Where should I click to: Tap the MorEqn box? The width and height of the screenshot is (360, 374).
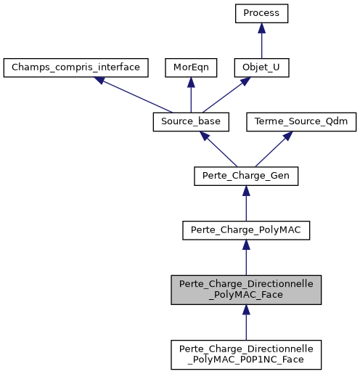click(x=189, y=68)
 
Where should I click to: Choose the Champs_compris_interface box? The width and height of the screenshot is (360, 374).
click(x=76, y=68)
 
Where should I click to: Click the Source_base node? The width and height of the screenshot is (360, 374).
click(x=189, y=121)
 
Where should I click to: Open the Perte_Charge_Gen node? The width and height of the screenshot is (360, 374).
click(x=246, y=175)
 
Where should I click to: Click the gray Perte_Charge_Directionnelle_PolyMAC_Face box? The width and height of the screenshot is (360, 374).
click(x=246, y=289)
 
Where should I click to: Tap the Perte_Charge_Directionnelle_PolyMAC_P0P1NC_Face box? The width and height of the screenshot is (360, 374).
click(x=246, y=353)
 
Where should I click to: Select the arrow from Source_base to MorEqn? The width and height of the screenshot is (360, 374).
click(x=189, y=94)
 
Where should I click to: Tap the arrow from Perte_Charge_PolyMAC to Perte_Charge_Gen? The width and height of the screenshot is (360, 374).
click(x=246, y=202)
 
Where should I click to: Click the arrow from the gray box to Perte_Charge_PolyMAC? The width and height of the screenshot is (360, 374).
click(x=246, y=257)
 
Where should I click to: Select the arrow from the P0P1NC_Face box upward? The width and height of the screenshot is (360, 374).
click(x=246, y=321)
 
